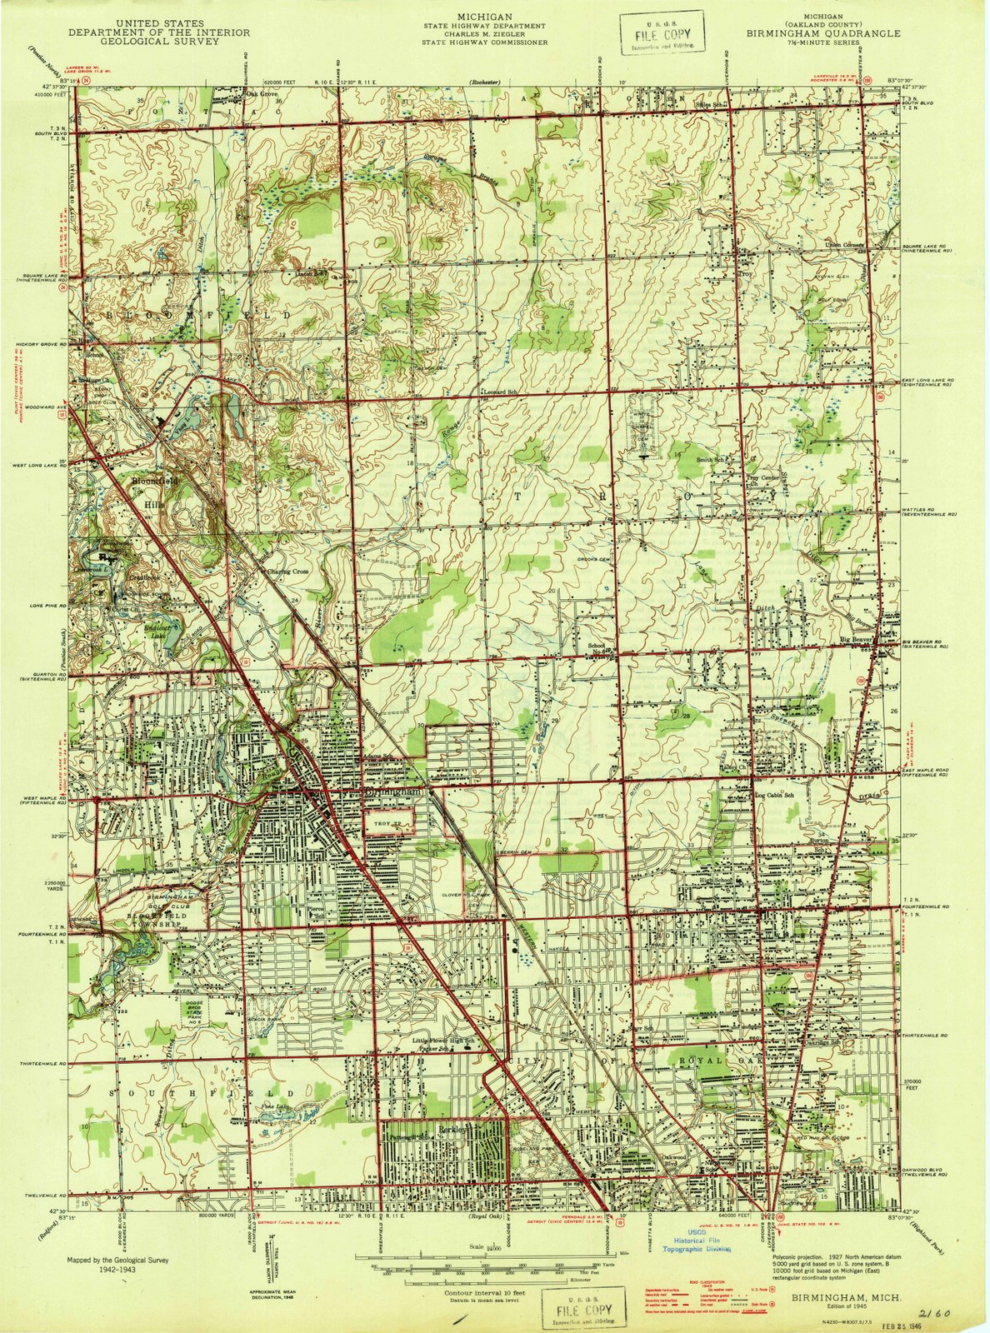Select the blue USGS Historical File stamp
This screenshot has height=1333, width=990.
(x=696, y=1244)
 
